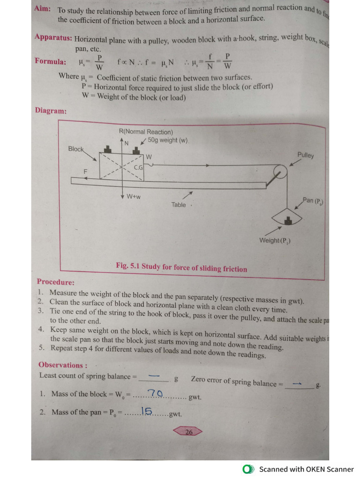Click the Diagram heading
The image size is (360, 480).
click(50, 111)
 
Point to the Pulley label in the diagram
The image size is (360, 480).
click(305, 155)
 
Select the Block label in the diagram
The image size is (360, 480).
click(75, 149)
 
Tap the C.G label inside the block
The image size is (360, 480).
click(138, 167)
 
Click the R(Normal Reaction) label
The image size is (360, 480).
click(146, 132)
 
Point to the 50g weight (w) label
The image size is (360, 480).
click(167, 140)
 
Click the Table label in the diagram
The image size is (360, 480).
click(179, 205)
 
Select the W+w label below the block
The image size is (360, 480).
click(134, 197)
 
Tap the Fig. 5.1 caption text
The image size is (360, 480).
click(181, 268)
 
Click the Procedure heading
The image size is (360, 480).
click(55, 282)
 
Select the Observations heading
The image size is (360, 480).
click(60, 365)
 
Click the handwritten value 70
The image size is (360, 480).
click(155, 393)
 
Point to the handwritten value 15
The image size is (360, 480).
click(147, 412)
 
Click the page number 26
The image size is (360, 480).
click(188, 432)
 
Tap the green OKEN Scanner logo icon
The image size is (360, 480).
click(248, 469)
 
